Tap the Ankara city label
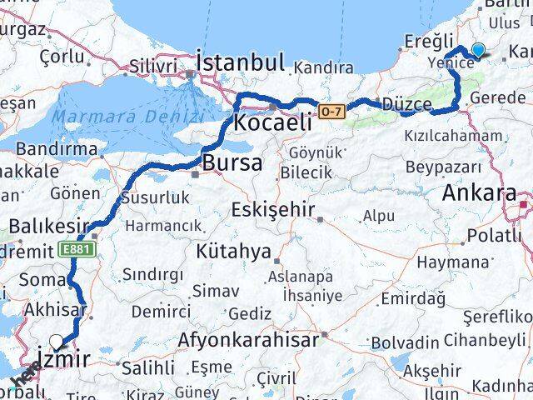click(479, 193)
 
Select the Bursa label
click(232, 162)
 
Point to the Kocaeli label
click(273, 122)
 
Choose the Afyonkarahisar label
click(247, 340)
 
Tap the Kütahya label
click(233, 250)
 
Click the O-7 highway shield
click(331, 109)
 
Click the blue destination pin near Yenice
click(478, 50)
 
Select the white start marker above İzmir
click(56, 341)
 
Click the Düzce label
click(407, 106)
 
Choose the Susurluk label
click(155, 197)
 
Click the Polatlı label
click(494, 236)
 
